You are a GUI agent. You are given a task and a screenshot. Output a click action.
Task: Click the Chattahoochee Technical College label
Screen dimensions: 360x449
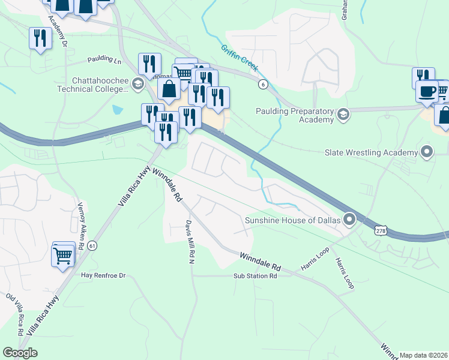(100, 85)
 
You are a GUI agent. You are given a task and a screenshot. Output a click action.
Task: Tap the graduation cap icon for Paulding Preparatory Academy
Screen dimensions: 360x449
(343, 114)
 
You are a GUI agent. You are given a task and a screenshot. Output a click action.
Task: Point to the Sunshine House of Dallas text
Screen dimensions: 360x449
(293, 221)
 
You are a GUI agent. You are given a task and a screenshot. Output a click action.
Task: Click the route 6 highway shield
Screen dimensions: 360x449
(263, 85)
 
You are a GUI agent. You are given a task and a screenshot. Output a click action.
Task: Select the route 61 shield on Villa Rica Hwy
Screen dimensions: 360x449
(92, 245)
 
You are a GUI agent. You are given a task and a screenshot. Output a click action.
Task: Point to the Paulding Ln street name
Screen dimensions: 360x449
(104, 59)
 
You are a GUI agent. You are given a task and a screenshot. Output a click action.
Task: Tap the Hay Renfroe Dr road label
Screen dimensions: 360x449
(103, 275)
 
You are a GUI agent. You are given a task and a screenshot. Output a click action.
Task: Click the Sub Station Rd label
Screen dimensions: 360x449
(255, 277)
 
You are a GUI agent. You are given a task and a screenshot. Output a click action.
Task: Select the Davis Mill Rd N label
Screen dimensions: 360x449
(190, 243)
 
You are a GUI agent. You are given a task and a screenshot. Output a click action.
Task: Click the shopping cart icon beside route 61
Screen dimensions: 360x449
(63, 256)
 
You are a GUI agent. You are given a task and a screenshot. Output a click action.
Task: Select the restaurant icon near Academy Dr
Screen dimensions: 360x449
(40, 38)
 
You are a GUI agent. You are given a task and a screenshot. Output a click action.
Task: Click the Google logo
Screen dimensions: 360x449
(20, 353)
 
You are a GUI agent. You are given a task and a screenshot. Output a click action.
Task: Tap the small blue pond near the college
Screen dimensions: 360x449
(117, 110)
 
